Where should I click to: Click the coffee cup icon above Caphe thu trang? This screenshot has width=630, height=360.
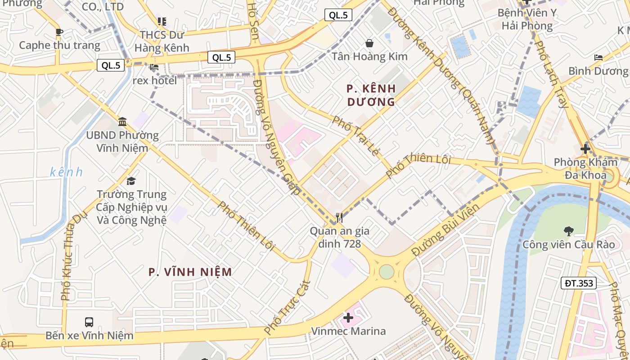(x=59, y=32)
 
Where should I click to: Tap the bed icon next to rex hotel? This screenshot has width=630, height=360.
(x=154, y=67)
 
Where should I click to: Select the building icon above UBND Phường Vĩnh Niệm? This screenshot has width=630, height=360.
(x=122, y=121)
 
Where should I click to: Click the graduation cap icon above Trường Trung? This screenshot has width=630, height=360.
(x=131, y=181)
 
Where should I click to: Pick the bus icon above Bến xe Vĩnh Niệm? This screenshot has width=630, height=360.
(x=89, y=322)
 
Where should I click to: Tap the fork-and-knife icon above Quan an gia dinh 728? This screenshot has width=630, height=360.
(x=339, y=218)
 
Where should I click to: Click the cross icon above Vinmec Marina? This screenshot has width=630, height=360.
(x=348, y=318)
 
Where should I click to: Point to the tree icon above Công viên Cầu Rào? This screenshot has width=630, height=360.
(x=568, y=231)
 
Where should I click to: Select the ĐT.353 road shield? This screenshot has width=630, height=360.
(x=579, y=283)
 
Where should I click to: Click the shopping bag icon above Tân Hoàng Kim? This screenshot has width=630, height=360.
(x=369, y=43)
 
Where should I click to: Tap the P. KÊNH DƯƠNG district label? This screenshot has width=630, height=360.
(x=371, y=95)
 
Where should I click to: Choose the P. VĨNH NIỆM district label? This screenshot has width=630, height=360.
(x=190, y=272)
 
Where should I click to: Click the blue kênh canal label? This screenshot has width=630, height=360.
(x=67, y=172)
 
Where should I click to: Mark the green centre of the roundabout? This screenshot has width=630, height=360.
(x=386, y=272)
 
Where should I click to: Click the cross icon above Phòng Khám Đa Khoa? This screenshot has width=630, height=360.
(x=585, y=148)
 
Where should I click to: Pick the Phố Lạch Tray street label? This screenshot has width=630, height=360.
(x=553, y=74)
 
